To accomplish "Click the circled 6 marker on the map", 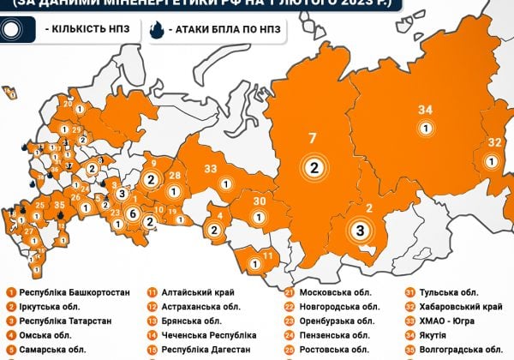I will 132,213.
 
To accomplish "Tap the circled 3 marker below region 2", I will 362,230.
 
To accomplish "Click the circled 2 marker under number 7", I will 314,167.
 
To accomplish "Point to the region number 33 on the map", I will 211,169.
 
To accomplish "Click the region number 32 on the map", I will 494,142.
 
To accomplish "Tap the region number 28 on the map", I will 175,176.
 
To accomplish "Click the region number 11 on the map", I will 268,255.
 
